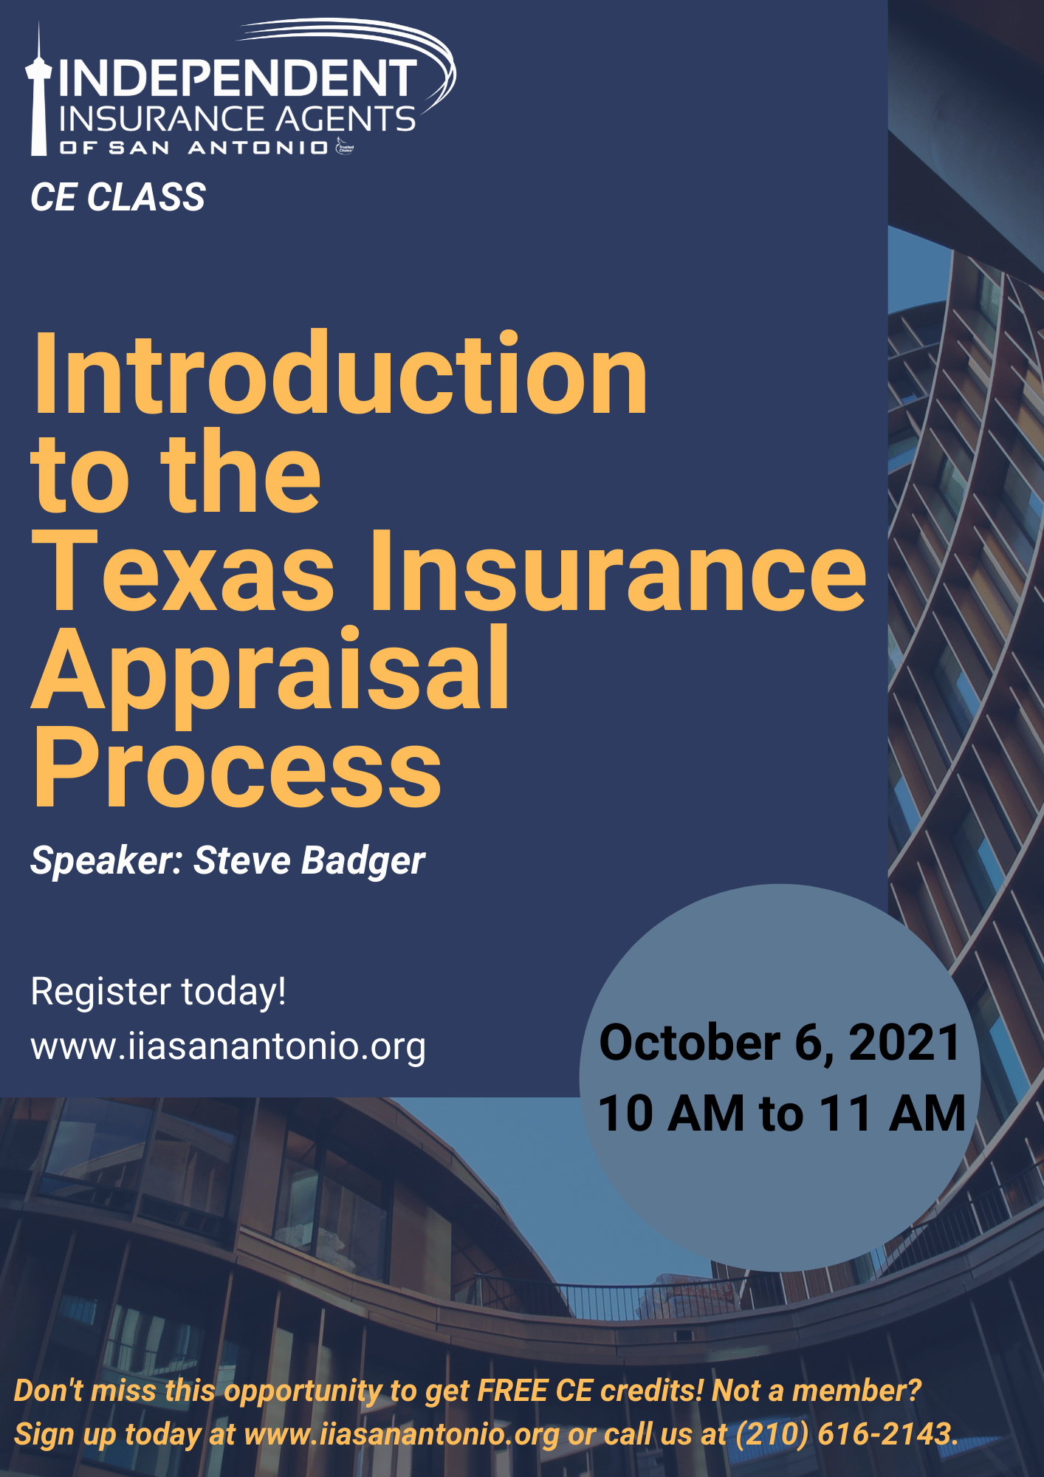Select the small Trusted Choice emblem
pyautogui.click(x=345, y=147)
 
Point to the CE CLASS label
pyautogui.click(x=118, y=198)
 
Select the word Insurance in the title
pyautogui.click(x=617, y=572)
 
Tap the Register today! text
pyautogui.click(x=158, y=991)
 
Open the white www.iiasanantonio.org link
pyautogui.click(x=228, y=1046)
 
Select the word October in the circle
pyautogui.click(x=690, y=1043)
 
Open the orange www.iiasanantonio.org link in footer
pyautogui.click(x=402, y=1434)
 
